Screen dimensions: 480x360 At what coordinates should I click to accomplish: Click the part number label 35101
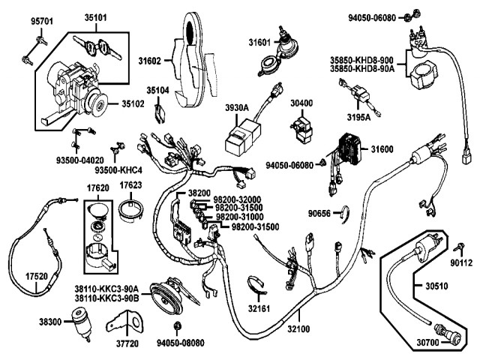pyautogui.click(x=95, y=18)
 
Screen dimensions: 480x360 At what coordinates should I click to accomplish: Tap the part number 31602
pyautogui.click(x=149, y=61)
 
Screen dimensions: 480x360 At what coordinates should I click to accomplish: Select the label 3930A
pyautogui.click(x=237, y=108)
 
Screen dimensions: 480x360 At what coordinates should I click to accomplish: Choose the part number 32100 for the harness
pyautogui.click(x=298, y=329)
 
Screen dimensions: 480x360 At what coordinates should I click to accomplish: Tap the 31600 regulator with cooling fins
pyautogui.click(x=349, y=148)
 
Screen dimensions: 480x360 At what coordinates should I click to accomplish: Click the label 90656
pyautogui.click(x=319, y=213)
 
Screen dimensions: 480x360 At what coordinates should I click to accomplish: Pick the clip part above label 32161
pyautogui.click(x=256, y=285)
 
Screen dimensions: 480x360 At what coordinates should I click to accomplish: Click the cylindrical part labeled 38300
pyautogui.click(x=81, y=325)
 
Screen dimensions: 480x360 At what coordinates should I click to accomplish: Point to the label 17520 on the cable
pyautogui.click(x=37, y=277)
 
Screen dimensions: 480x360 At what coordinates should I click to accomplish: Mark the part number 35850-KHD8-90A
pyautogui.click(x=362, y=69)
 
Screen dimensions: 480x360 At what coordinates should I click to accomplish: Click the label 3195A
pyautogui.click(x=358, y=118)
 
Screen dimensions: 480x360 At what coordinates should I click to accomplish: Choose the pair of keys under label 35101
pyautogui.click(x=97, y=48)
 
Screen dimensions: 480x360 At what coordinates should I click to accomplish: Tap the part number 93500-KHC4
pyautogui.click(x=118, y=170)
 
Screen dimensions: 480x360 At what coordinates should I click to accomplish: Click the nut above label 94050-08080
pyautogui.click(x=177, y=325)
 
